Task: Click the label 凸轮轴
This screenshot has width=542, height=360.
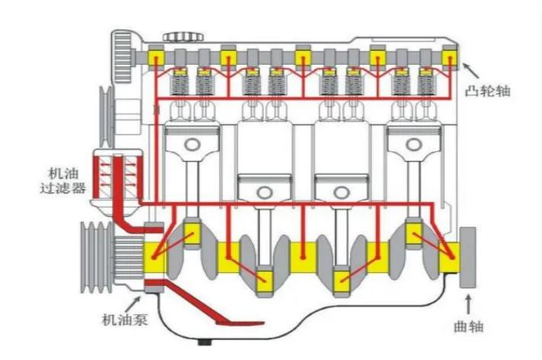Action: click(x=486, y=92)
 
